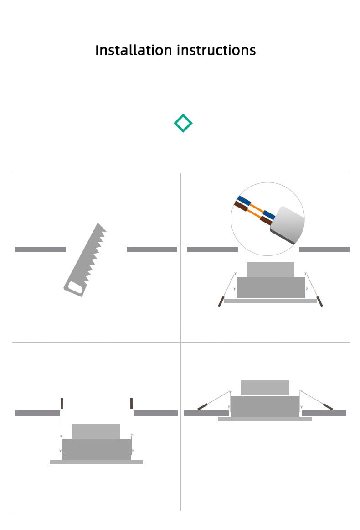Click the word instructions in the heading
216,50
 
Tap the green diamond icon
183,123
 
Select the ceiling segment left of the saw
40,249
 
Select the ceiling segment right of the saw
152,249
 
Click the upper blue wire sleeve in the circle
244,201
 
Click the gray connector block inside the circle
288,224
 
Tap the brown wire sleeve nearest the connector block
266,220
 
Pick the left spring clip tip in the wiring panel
221,301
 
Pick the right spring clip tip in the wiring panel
319,301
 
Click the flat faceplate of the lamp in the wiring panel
271,301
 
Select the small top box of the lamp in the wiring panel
270,270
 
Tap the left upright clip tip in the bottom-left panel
62,403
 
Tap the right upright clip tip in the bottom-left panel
131,403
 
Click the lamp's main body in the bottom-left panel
96,450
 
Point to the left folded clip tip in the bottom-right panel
203,406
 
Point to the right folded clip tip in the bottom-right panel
328,407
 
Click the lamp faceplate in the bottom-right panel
265,419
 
